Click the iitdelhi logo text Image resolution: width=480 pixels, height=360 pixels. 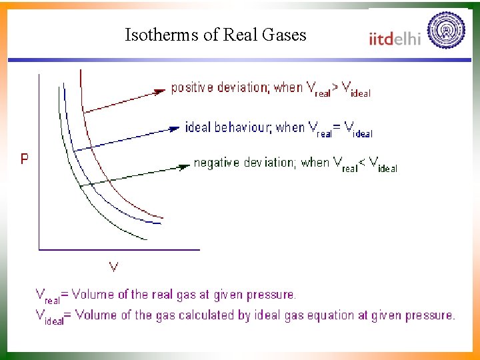pos(395,38)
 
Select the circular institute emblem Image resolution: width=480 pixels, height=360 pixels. pos(446,30)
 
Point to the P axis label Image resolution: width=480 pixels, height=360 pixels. pos(25,159)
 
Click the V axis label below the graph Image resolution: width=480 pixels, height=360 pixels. pos(114,267)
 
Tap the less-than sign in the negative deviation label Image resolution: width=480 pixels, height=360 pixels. pos(362,163)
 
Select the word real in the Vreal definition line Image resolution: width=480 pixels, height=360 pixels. pos(53,300)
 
